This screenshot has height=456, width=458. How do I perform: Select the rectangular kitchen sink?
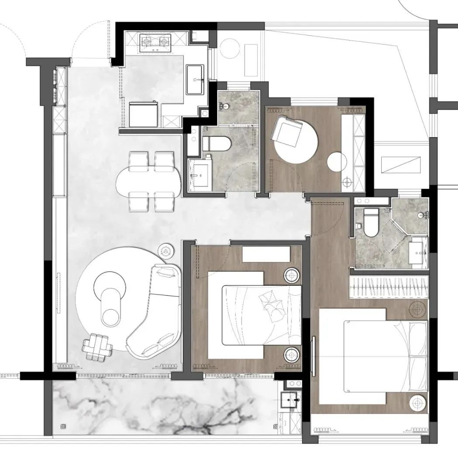point(195,79)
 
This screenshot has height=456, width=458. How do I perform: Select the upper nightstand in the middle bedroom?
point(291,275)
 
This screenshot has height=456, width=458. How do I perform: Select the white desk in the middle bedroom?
point(266,254)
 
